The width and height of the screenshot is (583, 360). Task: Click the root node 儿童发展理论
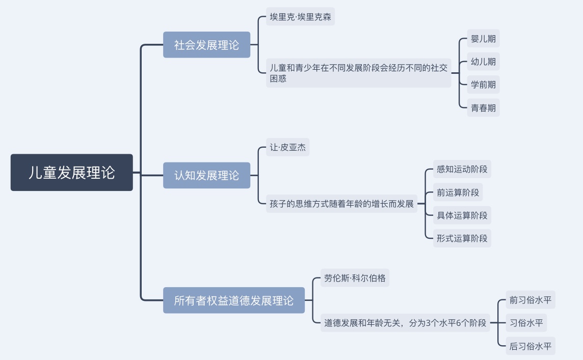(72, 173)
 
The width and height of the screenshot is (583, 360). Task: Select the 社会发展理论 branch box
(206, 45)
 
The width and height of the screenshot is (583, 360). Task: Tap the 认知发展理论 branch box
(206, 175)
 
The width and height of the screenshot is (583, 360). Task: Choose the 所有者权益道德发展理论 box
(234, 300)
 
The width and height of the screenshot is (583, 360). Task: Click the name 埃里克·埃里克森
(301, 17)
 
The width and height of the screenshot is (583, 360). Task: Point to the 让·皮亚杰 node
(287, 148)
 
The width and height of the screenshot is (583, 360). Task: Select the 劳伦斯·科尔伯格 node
(355, 279)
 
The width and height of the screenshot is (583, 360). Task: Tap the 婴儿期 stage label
(483, 39)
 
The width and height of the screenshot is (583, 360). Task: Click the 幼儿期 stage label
(483, 62)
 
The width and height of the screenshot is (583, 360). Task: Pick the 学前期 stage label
(483, 85)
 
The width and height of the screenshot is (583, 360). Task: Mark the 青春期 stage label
(483, 108)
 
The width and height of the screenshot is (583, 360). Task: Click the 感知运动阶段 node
(462, 169)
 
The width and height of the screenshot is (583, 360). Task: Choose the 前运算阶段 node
(458, 192)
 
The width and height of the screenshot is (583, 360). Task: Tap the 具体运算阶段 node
(462, 215)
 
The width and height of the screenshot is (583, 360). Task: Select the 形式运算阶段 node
(462, 238)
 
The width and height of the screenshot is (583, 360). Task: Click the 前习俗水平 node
(530, 300)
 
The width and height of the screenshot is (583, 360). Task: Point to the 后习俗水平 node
(530, 347)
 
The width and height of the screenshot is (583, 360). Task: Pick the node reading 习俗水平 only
(526, 323)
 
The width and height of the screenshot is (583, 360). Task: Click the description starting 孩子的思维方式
(342, 204)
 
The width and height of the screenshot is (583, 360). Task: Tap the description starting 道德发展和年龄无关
(405, 323)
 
